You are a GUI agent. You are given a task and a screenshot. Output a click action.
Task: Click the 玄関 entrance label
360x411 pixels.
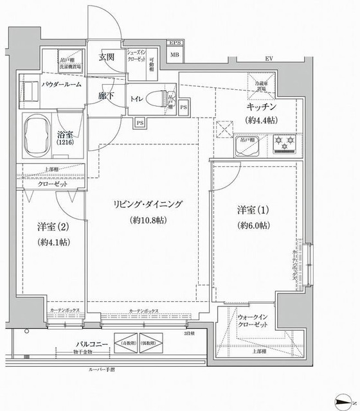[x=106, y=57]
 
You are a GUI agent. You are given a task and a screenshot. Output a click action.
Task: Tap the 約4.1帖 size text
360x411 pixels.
[x=54, y=242]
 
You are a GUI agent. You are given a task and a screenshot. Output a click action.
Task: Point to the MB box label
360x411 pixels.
[x=175, y=55]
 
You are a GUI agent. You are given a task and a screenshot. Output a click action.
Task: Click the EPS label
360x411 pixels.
[x=175, y=43]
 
